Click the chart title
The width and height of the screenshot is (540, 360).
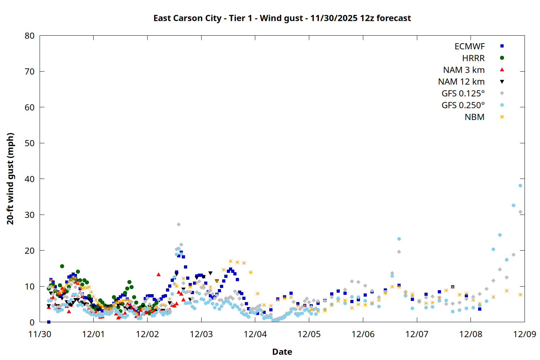click(282, 18)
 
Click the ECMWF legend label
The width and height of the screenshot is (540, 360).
click(469, 46)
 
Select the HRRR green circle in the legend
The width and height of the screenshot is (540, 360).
click(502, 58)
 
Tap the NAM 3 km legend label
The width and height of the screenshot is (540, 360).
click(464, 70)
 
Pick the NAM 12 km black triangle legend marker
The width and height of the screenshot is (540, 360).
click(502, 82)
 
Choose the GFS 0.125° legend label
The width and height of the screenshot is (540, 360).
click(463, 94)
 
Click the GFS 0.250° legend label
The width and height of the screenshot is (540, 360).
click(463, 105)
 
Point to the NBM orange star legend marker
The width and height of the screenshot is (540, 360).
click(502, 117)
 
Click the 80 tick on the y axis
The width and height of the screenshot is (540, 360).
click(30, 36)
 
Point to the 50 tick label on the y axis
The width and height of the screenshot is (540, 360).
click(30, 143)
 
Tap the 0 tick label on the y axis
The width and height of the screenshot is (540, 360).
click(32, 322)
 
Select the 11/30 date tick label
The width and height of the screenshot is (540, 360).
click(40, 334)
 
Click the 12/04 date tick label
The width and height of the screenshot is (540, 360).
click(255, 334)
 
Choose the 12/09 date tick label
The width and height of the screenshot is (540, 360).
click(525, 334)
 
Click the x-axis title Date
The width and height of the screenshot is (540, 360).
click(282, 352)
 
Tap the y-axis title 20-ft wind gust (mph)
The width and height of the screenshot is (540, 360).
click(10, 179)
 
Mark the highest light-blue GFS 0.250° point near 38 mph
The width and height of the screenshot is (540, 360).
click(520, 186)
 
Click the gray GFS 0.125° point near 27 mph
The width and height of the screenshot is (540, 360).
click(179, 224)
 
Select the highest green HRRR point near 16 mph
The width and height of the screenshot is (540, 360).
click(62, 266)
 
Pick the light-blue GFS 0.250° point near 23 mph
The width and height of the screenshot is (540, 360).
click(399, 239)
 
